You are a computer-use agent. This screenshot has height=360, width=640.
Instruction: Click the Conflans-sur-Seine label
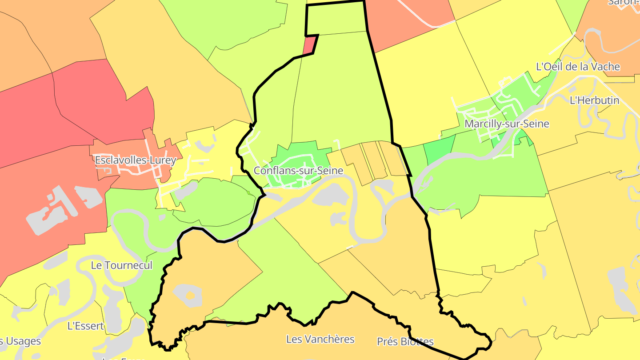[298, 171]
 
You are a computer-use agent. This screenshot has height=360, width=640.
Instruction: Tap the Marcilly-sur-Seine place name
[507, 124]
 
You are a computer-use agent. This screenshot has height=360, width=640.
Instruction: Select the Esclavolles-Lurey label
[136, 160]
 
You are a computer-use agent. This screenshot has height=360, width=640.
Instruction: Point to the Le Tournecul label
[121, 265]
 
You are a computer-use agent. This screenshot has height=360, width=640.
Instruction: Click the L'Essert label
[85, 326]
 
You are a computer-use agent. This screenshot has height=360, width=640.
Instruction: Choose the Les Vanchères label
[320, 339]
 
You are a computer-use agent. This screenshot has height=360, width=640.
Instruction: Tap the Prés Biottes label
[405, 342]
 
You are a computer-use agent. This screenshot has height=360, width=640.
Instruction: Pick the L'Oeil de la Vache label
[578, 67]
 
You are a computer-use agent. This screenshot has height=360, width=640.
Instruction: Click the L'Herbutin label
[594, 100]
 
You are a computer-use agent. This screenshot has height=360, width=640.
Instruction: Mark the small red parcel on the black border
[310, 45]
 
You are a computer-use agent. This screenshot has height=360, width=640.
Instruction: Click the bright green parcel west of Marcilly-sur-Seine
[439, 149]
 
